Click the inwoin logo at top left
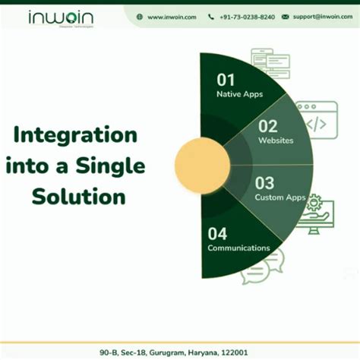63,17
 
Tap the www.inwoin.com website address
172,16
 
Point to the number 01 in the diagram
226,80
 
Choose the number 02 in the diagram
268,126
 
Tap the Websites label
275,141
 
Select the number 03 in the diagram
264,183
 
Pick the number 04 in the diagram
217,232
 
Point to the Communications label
238,248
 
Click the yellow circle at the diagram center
202,163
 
